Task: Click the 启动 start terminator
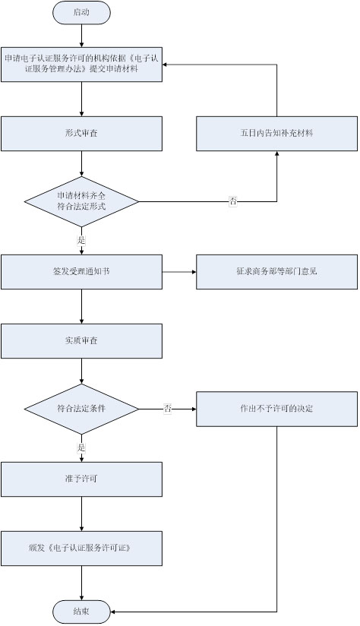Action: tap(81, 12)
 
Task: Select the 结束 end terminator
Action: tap(81, 610)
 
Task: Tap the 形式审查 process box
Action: tap(81, 133)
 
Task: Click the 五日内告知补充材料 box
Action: tap(276, 133)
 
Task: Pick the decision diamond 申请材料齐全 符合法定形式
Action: tap(81, 201)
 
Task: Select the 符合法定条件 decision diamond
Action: tap(81, 409)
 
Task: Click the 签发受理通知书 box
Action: tap(81, 271)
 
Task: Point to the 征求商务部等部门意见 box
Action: tap(276, 271)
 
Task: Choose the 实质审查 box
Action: tap(81, 340)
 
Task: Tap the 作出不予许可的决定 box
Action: tap(276, 409)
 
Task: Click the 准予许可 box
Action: tap(81, 479)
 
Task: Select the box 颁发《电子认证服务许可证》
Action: tap(81, 547)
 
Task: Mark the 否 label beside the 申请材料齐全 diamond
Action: tap(233, 201)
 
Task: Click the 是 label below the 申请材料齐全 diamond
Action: tap(81, 239)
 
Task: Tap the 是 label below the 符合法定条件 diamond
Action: tap(81, 447)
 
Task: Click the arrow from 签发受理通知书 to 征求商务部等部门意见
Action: tap(179, 271)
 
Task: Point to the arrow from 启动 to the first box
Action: tap(81, 33)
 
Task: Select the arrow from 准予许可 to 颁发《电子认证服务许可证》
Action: tap(81, 513)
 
